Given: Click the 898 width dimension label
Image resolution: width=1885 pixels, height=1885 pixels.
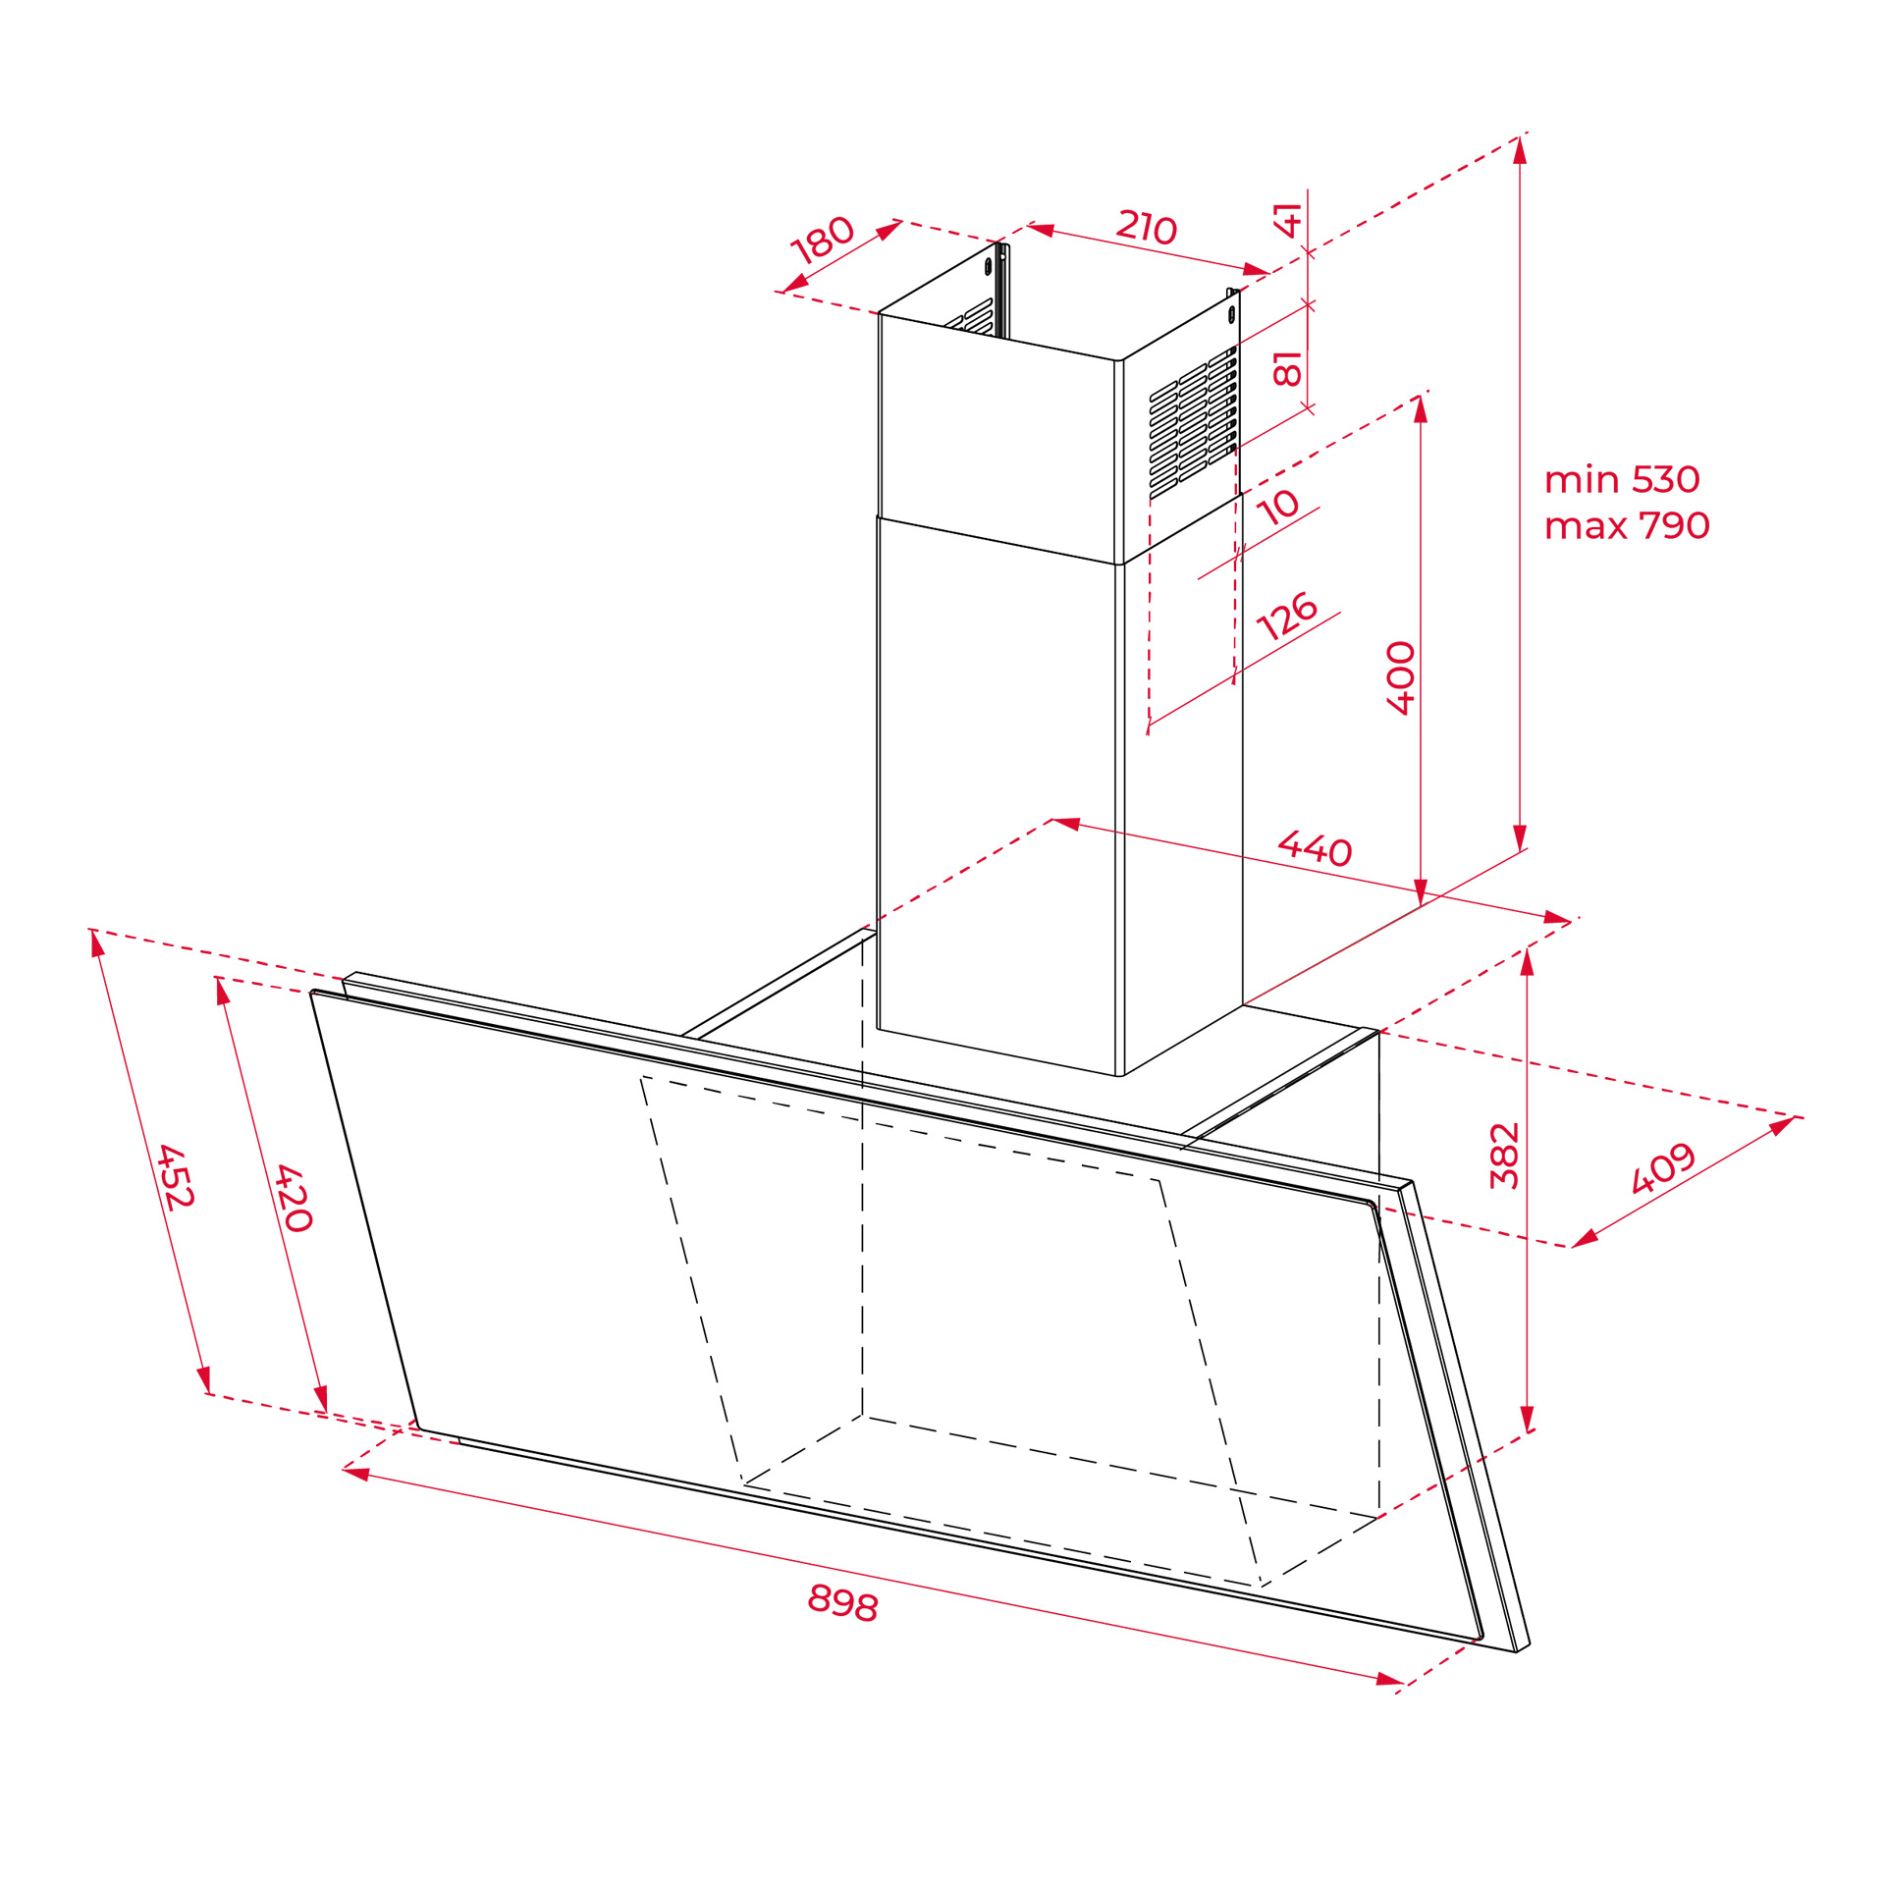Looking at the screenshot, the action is (x=842, y=1602).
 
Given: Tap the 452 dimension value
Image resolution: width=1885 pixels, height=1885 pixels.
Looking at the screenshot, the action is (x=176, y=1176).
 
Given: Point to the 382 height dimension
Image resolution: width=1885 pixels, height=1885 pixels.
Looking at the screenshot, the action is (x=1504, y=1156).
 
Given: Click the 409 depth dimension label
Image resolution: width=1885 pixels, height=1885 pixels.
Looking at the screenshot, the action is (x=1663, y=1167).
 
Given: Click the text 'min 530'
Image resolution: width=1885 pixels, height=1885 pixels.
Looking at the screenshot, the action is (x=1622, y=479).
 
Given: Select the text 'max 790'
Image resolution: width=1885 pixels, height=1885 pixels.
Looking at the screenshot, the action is (x=1627, y=525).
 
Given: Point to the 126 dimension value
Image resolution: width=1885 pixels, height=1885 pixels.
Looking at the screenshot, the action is (x=1286, y=616).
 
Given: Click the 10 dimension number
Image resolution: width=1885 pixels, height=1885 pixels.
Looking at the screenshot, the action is (x=1278, y=507).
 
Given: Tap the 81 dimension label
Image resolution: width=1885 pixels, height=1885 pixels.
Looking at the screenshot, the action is (x=1287, y=367).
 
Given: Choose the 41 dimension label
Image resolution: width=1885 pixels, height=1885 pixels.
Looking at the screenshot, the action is (x=1287, y=220).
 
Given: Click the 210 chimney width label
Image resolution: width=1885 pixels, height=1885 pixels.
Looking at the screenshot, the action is (x=1147, y=226).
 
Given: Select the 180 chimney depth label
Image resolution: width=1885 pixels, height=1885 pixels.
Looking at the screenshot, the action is (x=823, y=240).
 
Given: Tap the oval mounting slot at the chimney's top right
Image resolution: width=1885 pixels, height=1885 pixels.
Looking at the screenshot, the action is (x=1231, y=314).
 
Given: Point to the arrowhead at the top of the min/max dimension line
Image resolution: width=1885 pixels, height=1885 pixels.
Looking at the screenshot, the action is (x=1520, y=150).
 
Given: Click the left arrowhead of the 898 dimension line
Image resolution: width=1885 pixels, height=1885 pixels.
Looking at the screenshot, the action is (x=355, y=1473).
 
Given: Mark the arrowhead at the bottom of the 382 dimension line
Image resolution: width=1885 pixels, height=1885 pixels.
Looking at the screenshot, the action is (x=1527, y=1419).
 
